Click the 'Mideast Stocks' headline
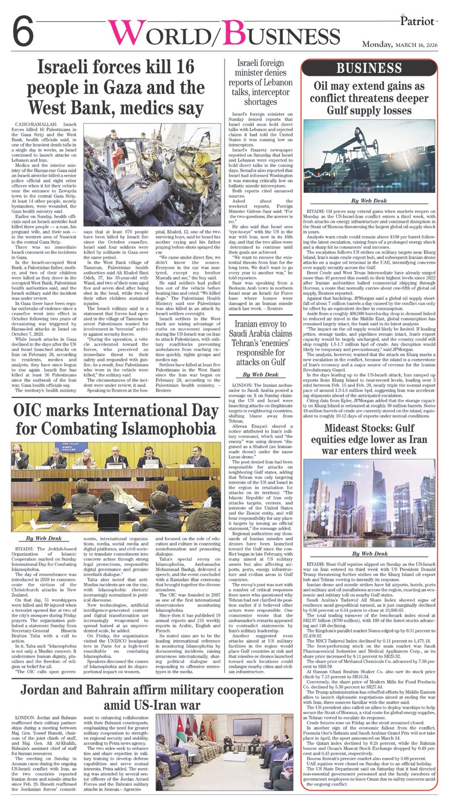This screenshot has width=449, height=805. (369, 440)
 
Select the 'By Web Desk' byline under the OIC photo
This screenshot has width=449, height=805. (44, 538)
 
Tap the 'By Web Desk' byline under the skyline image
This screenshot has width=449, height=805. (369, 553)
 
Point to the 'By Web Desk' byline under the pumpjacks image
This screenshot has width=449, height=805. (369, 201)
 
